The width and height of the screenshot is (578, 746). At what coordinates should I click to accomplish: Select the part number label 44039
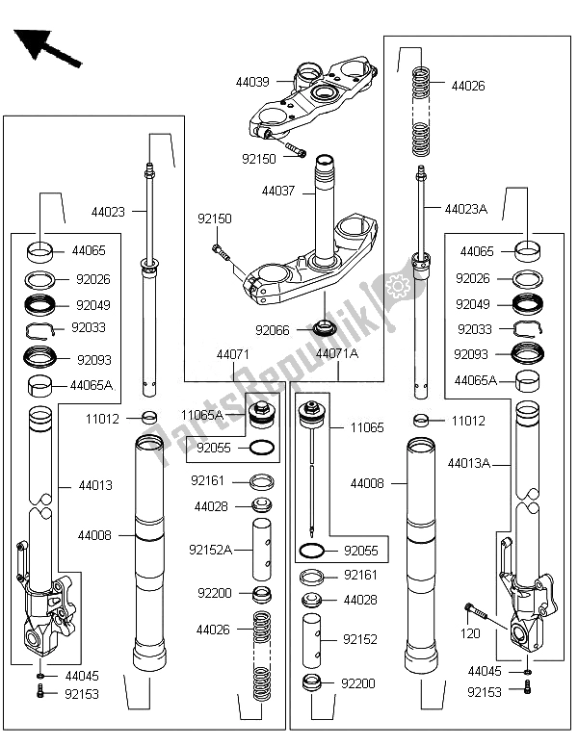252,84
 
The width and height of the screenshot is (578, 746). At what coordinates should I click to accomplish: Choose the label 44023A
466,208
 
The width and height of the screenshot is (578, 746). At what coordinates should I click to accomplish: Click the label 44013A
469,463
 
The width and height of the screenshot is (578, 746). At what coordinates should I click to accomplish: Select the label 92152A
211,550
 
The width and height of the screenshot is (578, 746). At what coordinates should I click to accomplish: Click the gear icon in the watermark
393,284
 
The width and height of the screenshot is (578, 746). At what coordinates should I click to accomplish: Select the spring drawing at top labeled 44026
420,111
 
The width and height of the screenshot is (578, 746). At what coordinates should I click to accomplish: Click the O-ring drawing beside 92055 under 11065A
261,448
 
